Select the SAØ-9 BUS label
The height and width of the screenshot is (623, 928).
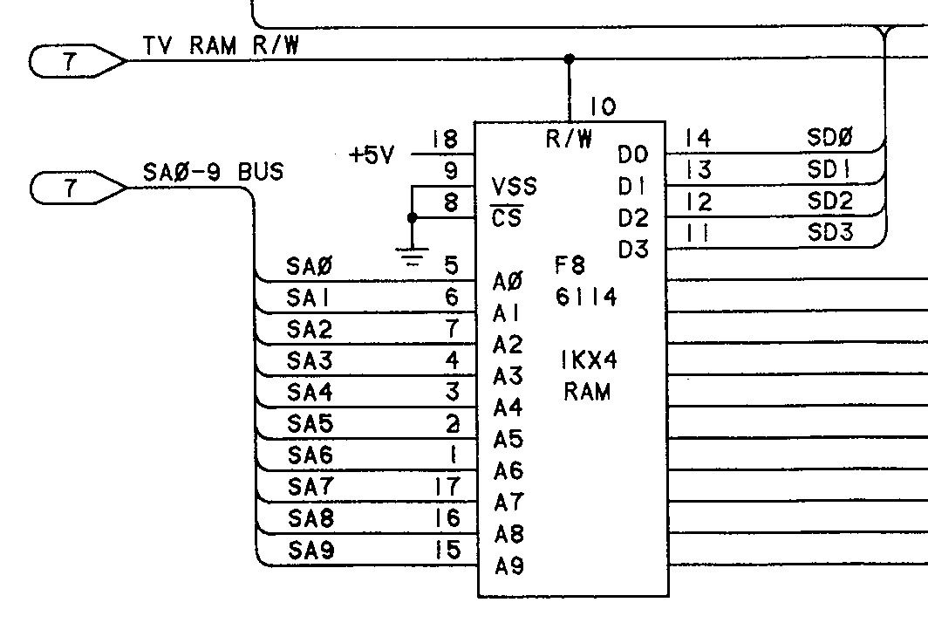tap(213, 172)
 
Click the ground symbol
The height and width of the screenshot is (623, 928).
tap(412, 257)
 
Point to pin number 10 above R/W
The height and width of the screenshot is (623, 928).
tap(602, 107)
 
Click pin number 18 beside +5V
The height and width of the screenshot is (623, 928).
tap(445, 140)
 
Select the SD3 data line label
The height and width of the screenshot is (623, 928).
tap(829, 233)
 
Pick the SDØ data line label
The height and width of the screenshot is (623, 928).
tap(829, 136)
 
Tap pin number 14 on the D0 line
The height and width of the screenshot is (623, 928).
tap(698, 138)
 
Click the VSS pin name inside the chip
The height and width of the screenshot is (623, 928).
tap(515, 187)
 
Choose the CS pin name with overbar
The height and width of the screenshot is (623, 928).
tap(507, 217)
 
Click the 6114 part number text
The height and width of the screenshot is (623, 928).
tap(585, 298)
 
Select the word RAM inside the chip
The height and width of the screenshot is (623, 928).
tap(587, 392)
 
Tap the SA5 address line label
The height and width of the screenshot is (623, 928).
tap(309, 424)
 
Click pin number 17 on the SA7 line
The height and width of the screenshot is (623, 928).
tap(446, 486)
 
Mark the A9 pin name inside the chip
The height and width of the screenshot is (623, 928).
tap(508, 566)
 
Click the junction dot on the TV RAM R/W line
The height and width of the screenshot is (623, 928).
tap(570, 59)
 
